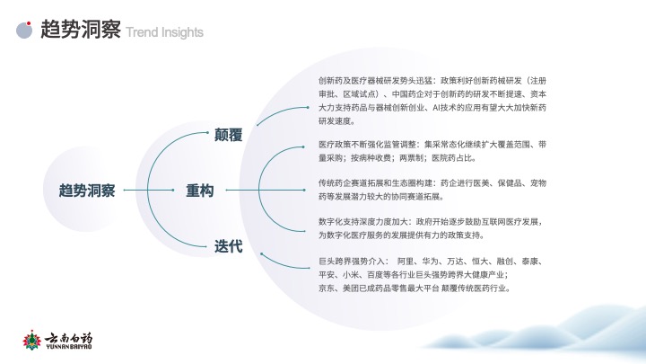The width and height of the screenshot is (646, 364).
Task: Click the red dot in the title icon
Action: (x=29, y=23)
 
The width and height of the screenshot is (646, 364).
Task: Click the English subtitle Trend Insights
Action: (x=165, y=32)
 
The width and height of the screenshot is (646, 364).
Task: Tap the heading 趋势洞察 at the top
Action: (x=81, y=29)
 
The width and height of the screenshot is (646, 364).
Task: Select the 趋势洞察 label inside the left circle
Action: (x=87, y=191)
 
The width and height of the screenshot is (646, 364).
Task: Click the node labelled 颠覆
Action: (x=228, y=135)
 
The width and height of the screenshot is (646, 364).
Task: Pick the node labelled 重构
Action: (x=200, y=191)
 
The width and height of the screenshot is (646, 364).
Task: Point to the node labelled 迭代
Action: (x=228, y=246)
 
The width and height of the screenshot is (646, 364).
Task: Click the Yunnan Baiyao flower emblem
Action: (x=31, y=341)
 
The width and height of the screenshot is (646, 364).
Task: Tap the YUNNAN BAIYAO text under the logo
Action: (x=68, y=347)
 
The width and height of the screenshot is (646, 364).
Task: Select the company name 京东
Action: (x=327, y=289)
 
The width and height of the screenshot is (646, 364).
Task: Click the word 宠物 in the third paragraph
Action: (x=538, y=182)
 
